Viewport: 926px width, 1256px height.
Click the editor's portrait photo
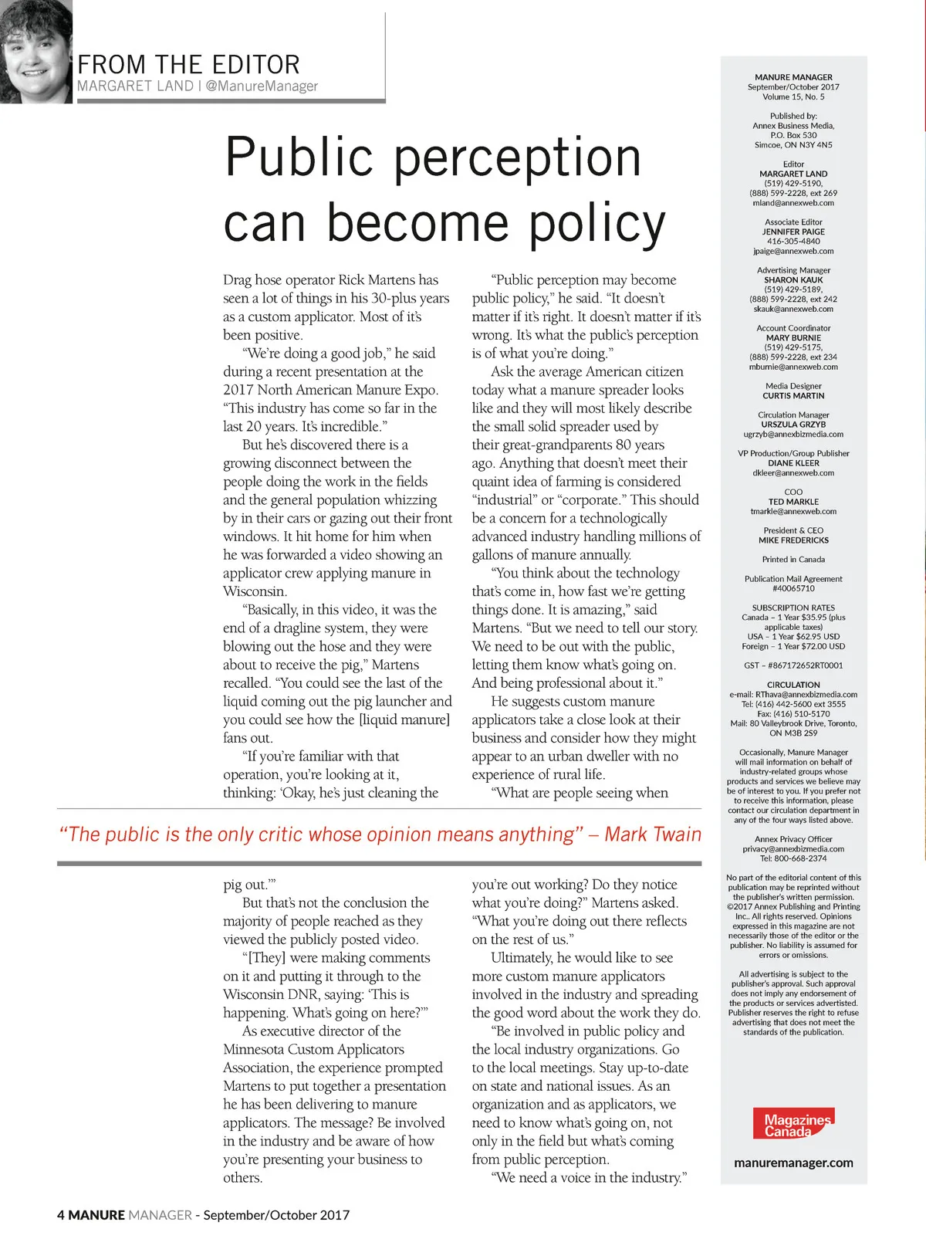click(35, 52)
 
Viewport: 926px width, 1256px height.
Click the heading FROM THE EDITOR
click(188, 64)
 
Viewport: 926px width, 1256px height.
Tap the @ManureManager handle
click(262, 86)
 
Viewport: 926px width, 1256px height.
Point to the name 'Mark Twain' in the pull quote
click(653, 835)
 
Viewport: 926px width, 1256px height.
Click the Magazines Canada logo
click(793, 1124)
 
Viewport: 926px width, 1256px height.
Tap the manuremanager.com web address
click(793, 1163)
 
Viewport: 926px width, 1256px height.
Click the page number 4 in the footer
click(61, 1215)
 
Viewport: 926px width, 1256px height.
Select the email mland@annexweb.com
click(793, 203)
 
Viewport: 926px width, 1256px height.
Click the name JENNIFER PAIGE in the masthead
click(793, 232)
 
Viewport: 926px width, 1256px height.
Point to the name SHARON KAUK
click(793, 280)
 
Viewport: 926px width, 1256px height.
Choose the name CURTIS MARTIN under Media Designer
click(793, 396)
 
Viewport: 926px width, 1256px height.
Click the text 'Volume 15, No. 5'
click(793, 97)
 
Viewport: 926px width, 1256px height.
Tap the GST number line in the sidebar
click(793, 665)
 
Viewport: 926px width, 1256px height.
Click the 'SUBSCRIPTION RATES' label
click(793, 608)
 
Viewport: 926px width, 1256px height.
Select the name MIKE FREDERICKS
click(793, 540)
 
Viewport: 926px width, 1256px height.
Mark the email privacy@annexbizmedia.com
click(793, 848)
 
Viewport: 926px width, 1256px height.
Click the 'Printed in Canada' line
click(793, 560)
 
